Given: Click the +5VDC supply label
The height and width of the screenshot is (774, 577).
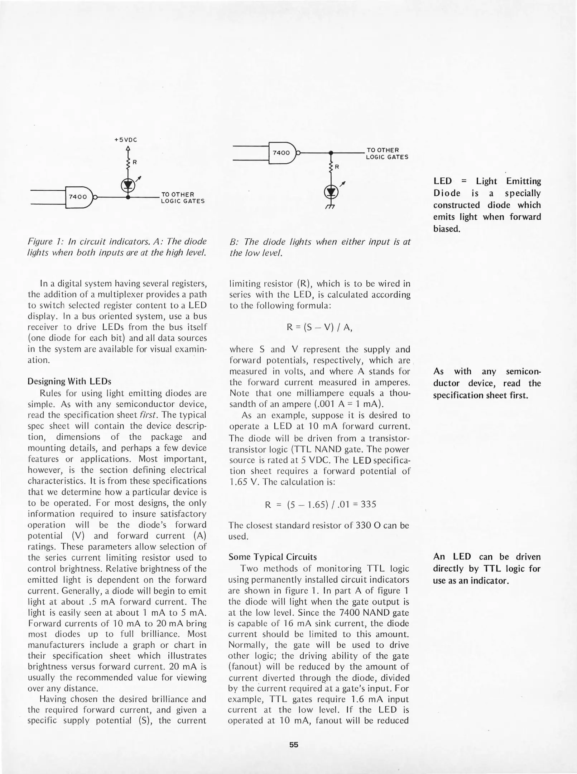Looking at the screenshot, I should (x=126, y=140).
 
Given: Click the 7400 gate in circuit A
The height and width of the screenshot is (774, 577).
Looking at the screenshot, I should (x=79, y=197).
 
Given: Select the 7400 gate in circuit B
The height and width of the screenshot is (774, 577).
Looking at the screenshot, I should (x=282, y=153).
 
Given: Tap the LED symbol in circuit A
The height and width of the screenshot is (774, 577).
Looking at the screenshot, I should (x=128, y=185).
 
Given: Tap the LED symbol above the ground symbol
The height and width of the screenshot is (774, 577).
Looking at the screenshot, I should (x=331, y=192).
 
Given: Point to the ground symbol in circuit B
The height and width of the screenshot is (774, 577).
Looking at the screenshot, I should (x=330, y=207).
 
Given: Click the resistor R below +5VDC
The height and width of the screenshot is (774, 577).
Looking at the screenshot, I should (x=128, y=163).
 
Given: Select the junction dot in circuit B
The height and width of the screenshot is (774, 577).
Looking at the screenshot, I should (x=331, y=153).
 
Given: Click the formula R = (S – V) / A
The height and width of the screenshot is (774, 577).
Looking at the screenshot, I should (x=319, y=328).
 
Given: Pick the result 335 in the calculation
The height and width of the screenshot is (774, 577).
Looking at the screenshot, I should (x=368, y=505).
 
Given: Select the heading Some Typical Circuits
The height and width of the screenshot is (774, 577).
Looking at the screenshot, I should (x=273, y=557).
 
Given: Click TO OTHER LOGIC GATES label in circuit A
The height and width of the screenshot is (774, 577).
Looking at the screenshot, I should (x=183, y=197).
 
